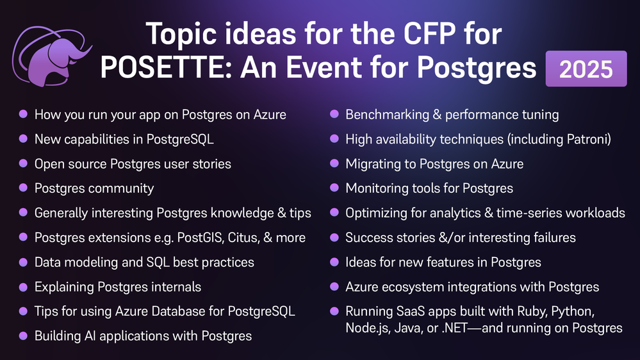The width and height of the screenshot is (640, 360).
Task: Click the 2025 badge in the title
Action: coord(586,69)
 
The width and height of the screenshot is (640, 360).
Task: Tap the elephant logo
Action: coord(52,56)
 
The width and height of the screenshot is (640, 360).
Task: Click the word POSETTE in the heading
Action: coord(167,67)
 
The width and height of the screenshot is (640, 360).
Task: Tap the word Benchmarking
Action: coord(388,115)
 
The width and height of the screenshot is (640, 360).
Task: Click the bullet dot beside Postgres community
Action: coord(23,188)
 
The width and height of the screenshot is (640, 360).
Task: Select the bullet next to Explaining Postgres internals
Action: coord(23,286)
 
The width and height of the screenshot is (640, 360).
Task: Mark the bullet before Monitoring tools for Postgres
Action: coord(334,188)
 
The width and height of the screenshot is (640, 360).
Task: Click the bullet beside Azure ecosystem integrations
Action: coord(334,286)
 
